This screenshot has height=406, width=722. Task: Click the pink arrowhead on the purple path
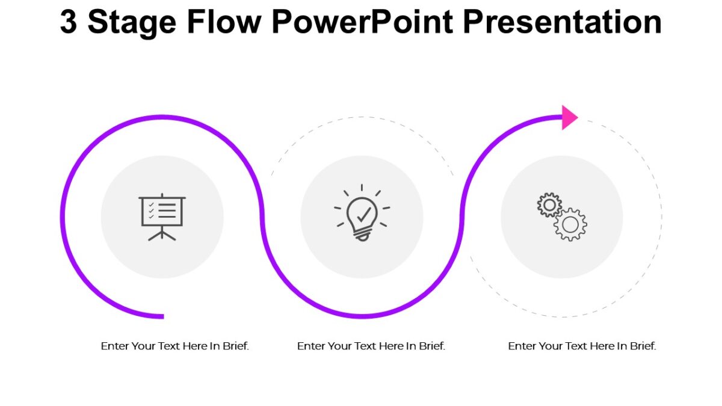(569, 117)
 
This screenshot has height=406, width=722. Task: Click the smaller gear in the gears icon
(549, 205)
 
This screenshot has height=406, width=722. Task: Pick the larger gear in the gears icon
(570, 225)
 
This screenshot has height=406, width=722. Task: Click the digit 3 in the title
(69, 23)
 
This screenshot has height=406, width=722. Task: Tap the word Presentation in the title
(563, 23)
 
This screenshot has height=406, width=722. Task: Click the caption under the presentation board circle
(174, 346)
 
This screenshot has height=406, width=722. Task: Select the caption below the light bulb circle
(371, 346)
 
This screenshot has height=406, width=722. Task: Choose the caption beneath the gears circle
(582, 346)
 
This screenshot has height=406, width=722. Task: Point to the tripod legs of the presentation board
(162, 234)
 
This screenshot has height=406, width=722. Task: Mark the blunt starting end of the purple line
(161, 316)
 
